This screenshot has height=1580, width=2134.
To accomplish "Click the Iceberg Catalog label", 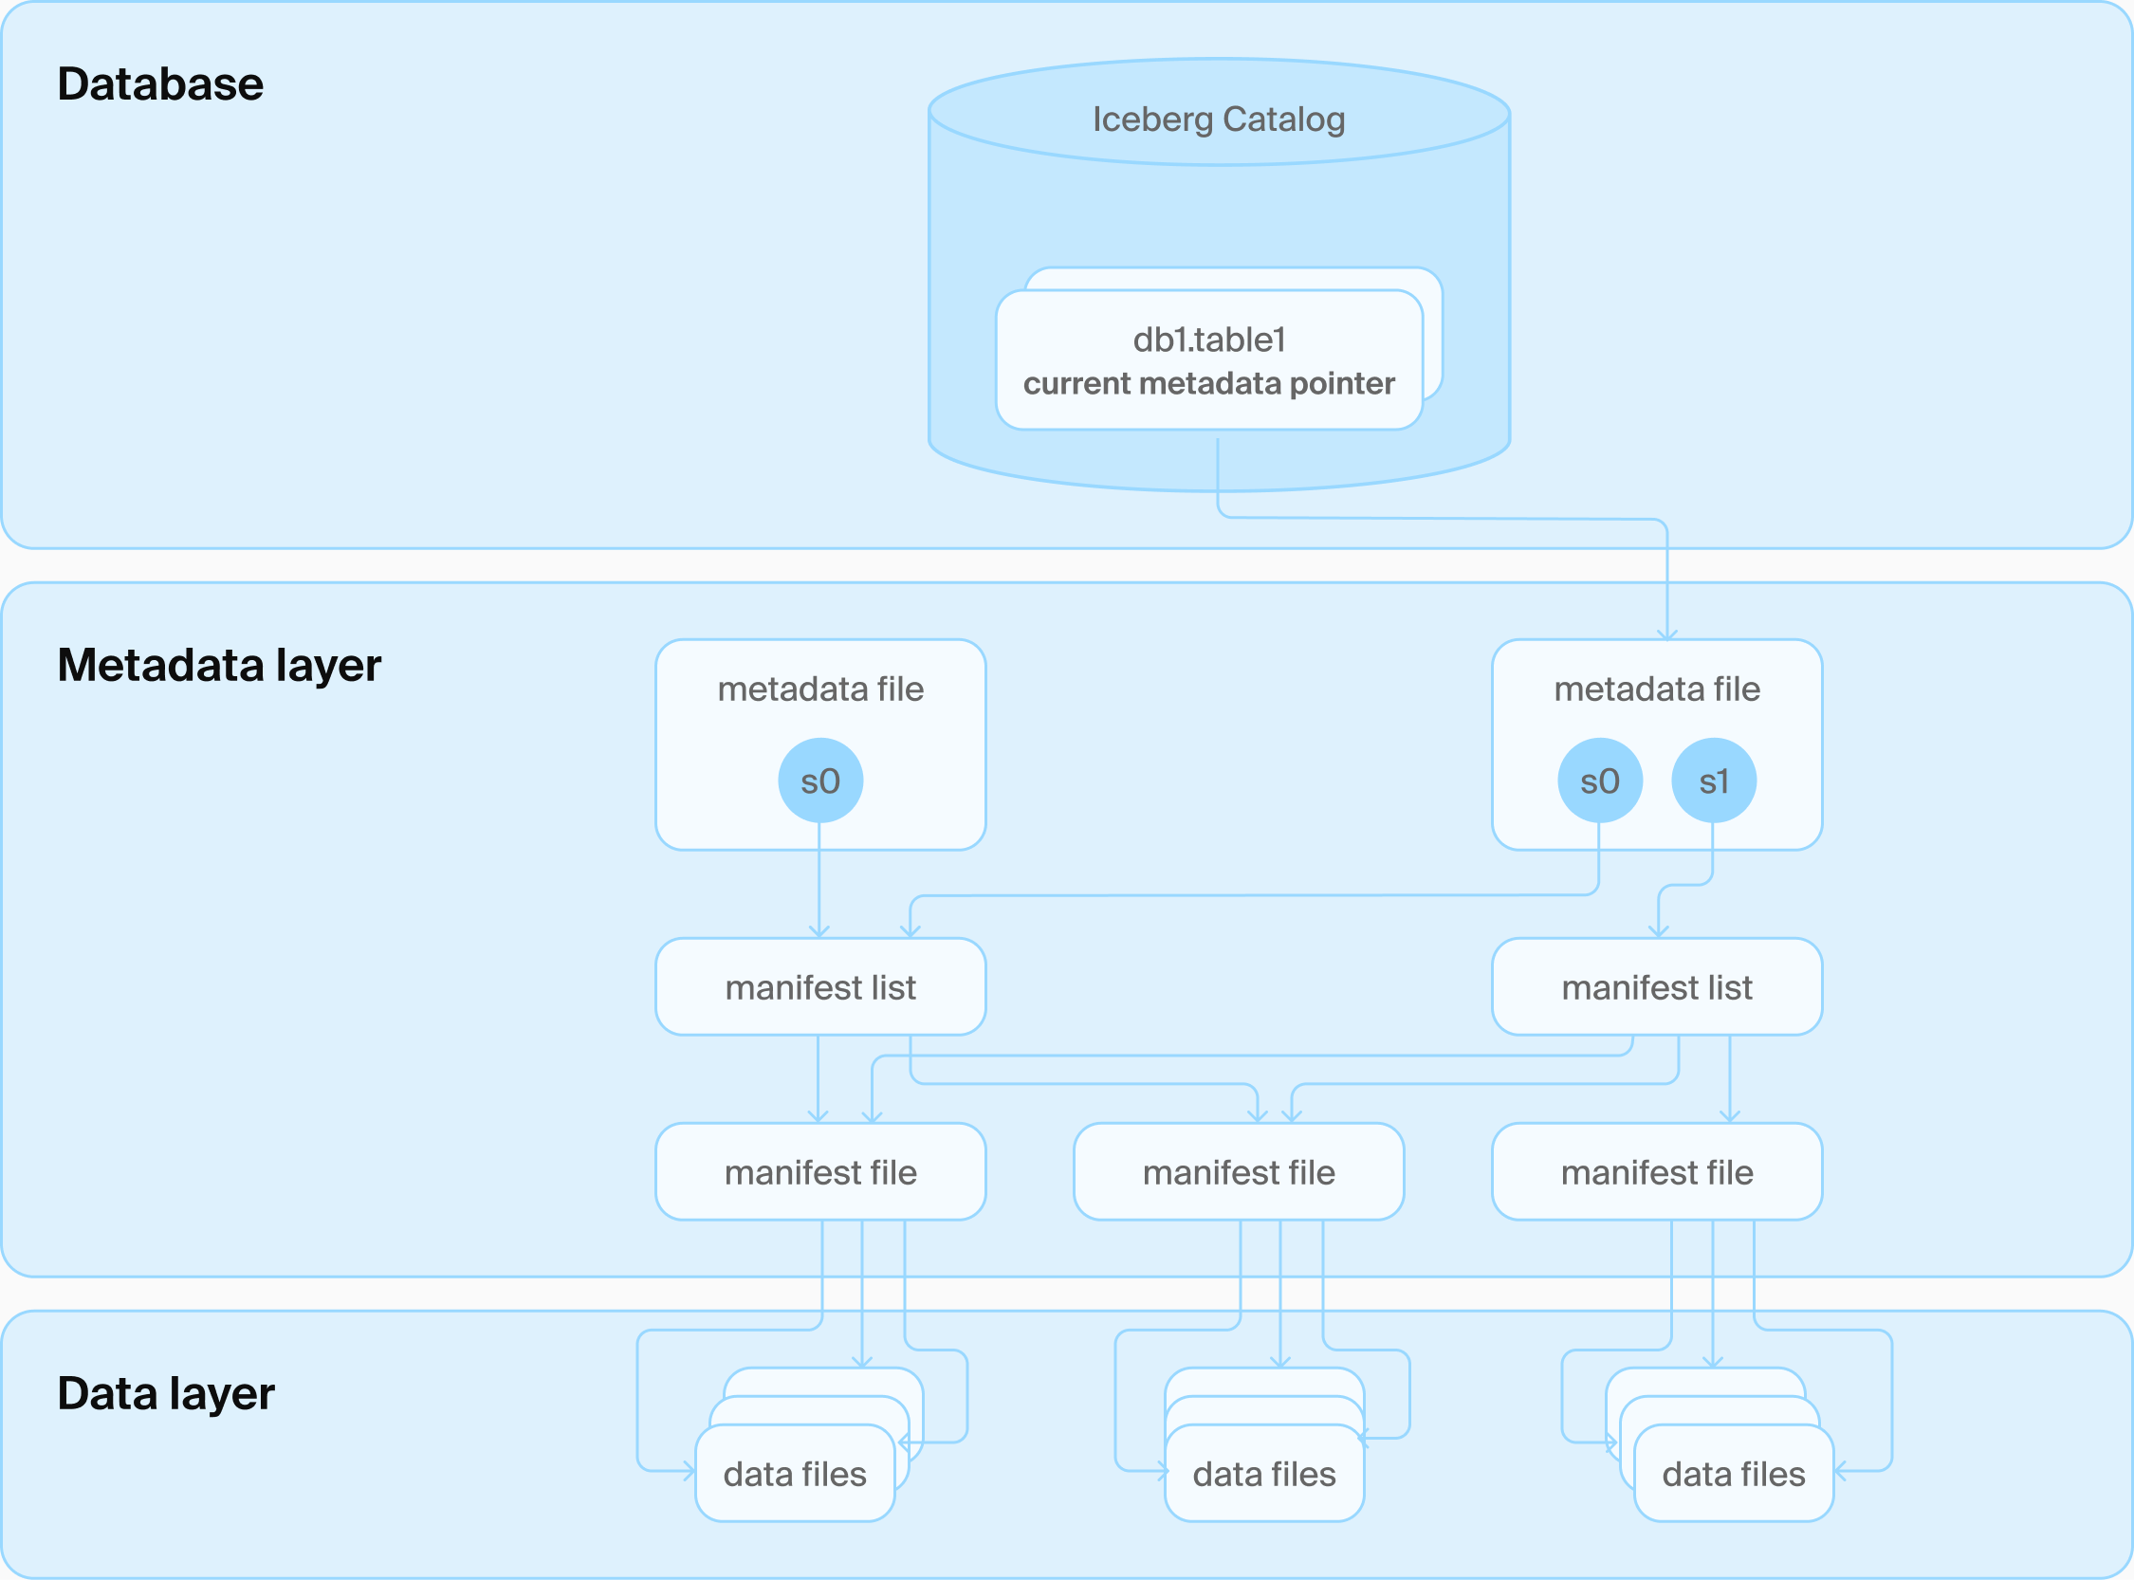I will (x=1219, y=119).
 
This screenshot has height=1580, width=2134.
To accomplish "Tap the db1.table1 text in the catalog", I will (x=1209, y=340).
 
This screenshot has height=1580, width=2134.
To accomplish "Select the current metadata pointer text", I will (x=1209, y=383).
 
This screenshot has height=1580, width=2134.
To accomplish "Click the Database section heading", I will (x=159, y=84).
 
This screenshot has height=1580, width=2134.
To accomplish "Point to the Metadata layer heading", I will (x=219, y=665).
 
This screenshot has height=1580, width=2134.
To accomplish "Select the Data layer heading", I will (x=165, y=1393).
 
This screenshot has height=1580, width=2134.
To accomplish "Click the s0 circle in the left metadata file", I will (x=819, y=781).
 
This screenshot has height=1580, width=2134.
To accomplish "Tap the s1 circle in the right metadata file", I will (x=1713, y=781).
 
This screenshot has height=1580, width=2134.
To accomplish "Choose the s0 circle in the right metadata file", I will (x=1599, y=781).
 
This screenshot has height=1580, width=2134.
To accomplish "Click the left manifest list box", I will (x=819, y=987).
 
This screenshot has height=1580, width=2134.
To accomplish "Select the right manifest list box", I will (x=1657, y=987).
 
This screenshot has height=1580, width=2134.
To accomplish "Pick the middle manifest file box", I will (x=1239, y=1172).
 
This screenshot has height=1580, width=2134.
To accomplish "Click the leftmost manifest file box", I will (x=819, y=1172).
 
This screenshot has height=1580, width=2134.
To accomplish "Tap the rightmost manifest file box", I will (x=1657, y=1172).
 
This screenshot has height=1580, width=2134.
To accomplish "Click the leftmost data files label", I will (x=795, y=1475).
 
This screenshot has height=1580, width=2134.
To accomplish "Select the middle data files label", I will (x=1263, y=1475).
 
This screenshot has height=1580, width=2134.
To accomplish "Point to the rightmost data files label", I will (x=1733, y=1475).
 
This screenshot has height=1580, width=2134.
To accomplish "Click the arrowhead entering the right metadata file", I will (x=1667, y=634).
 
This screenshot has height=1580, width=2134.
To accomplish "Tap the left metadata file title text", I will (x=819, y=689).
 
